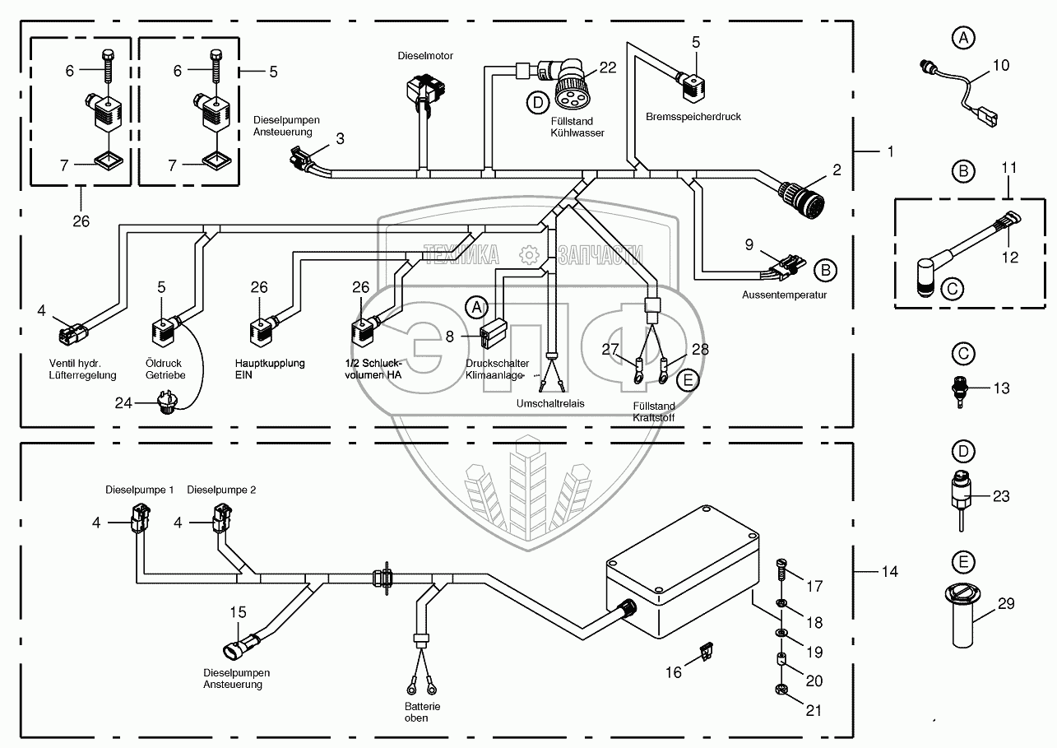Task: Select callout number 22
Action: click(x=608, y=67)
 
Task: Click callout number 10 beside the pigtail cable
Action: click(x=1001, y=65)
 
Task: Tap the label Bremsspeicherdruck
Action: click(x=693, y=117)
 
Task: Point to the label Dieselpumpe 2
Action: click(x=221, y=490)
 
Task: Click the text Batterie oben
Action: click(x=416, y=712)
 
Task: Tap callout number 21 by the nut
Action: click(x=814, y=711)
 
